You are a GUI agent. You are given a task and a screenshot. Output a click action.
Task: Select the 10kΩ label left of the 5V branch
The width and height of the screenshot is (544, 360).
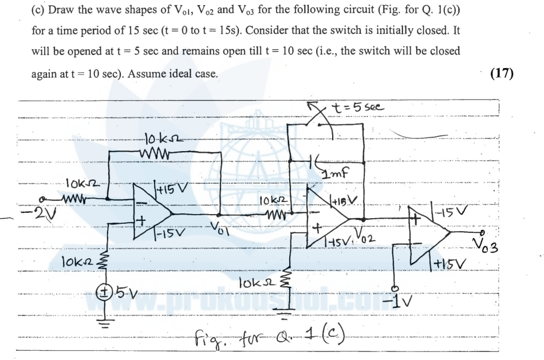pos(76,263)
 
